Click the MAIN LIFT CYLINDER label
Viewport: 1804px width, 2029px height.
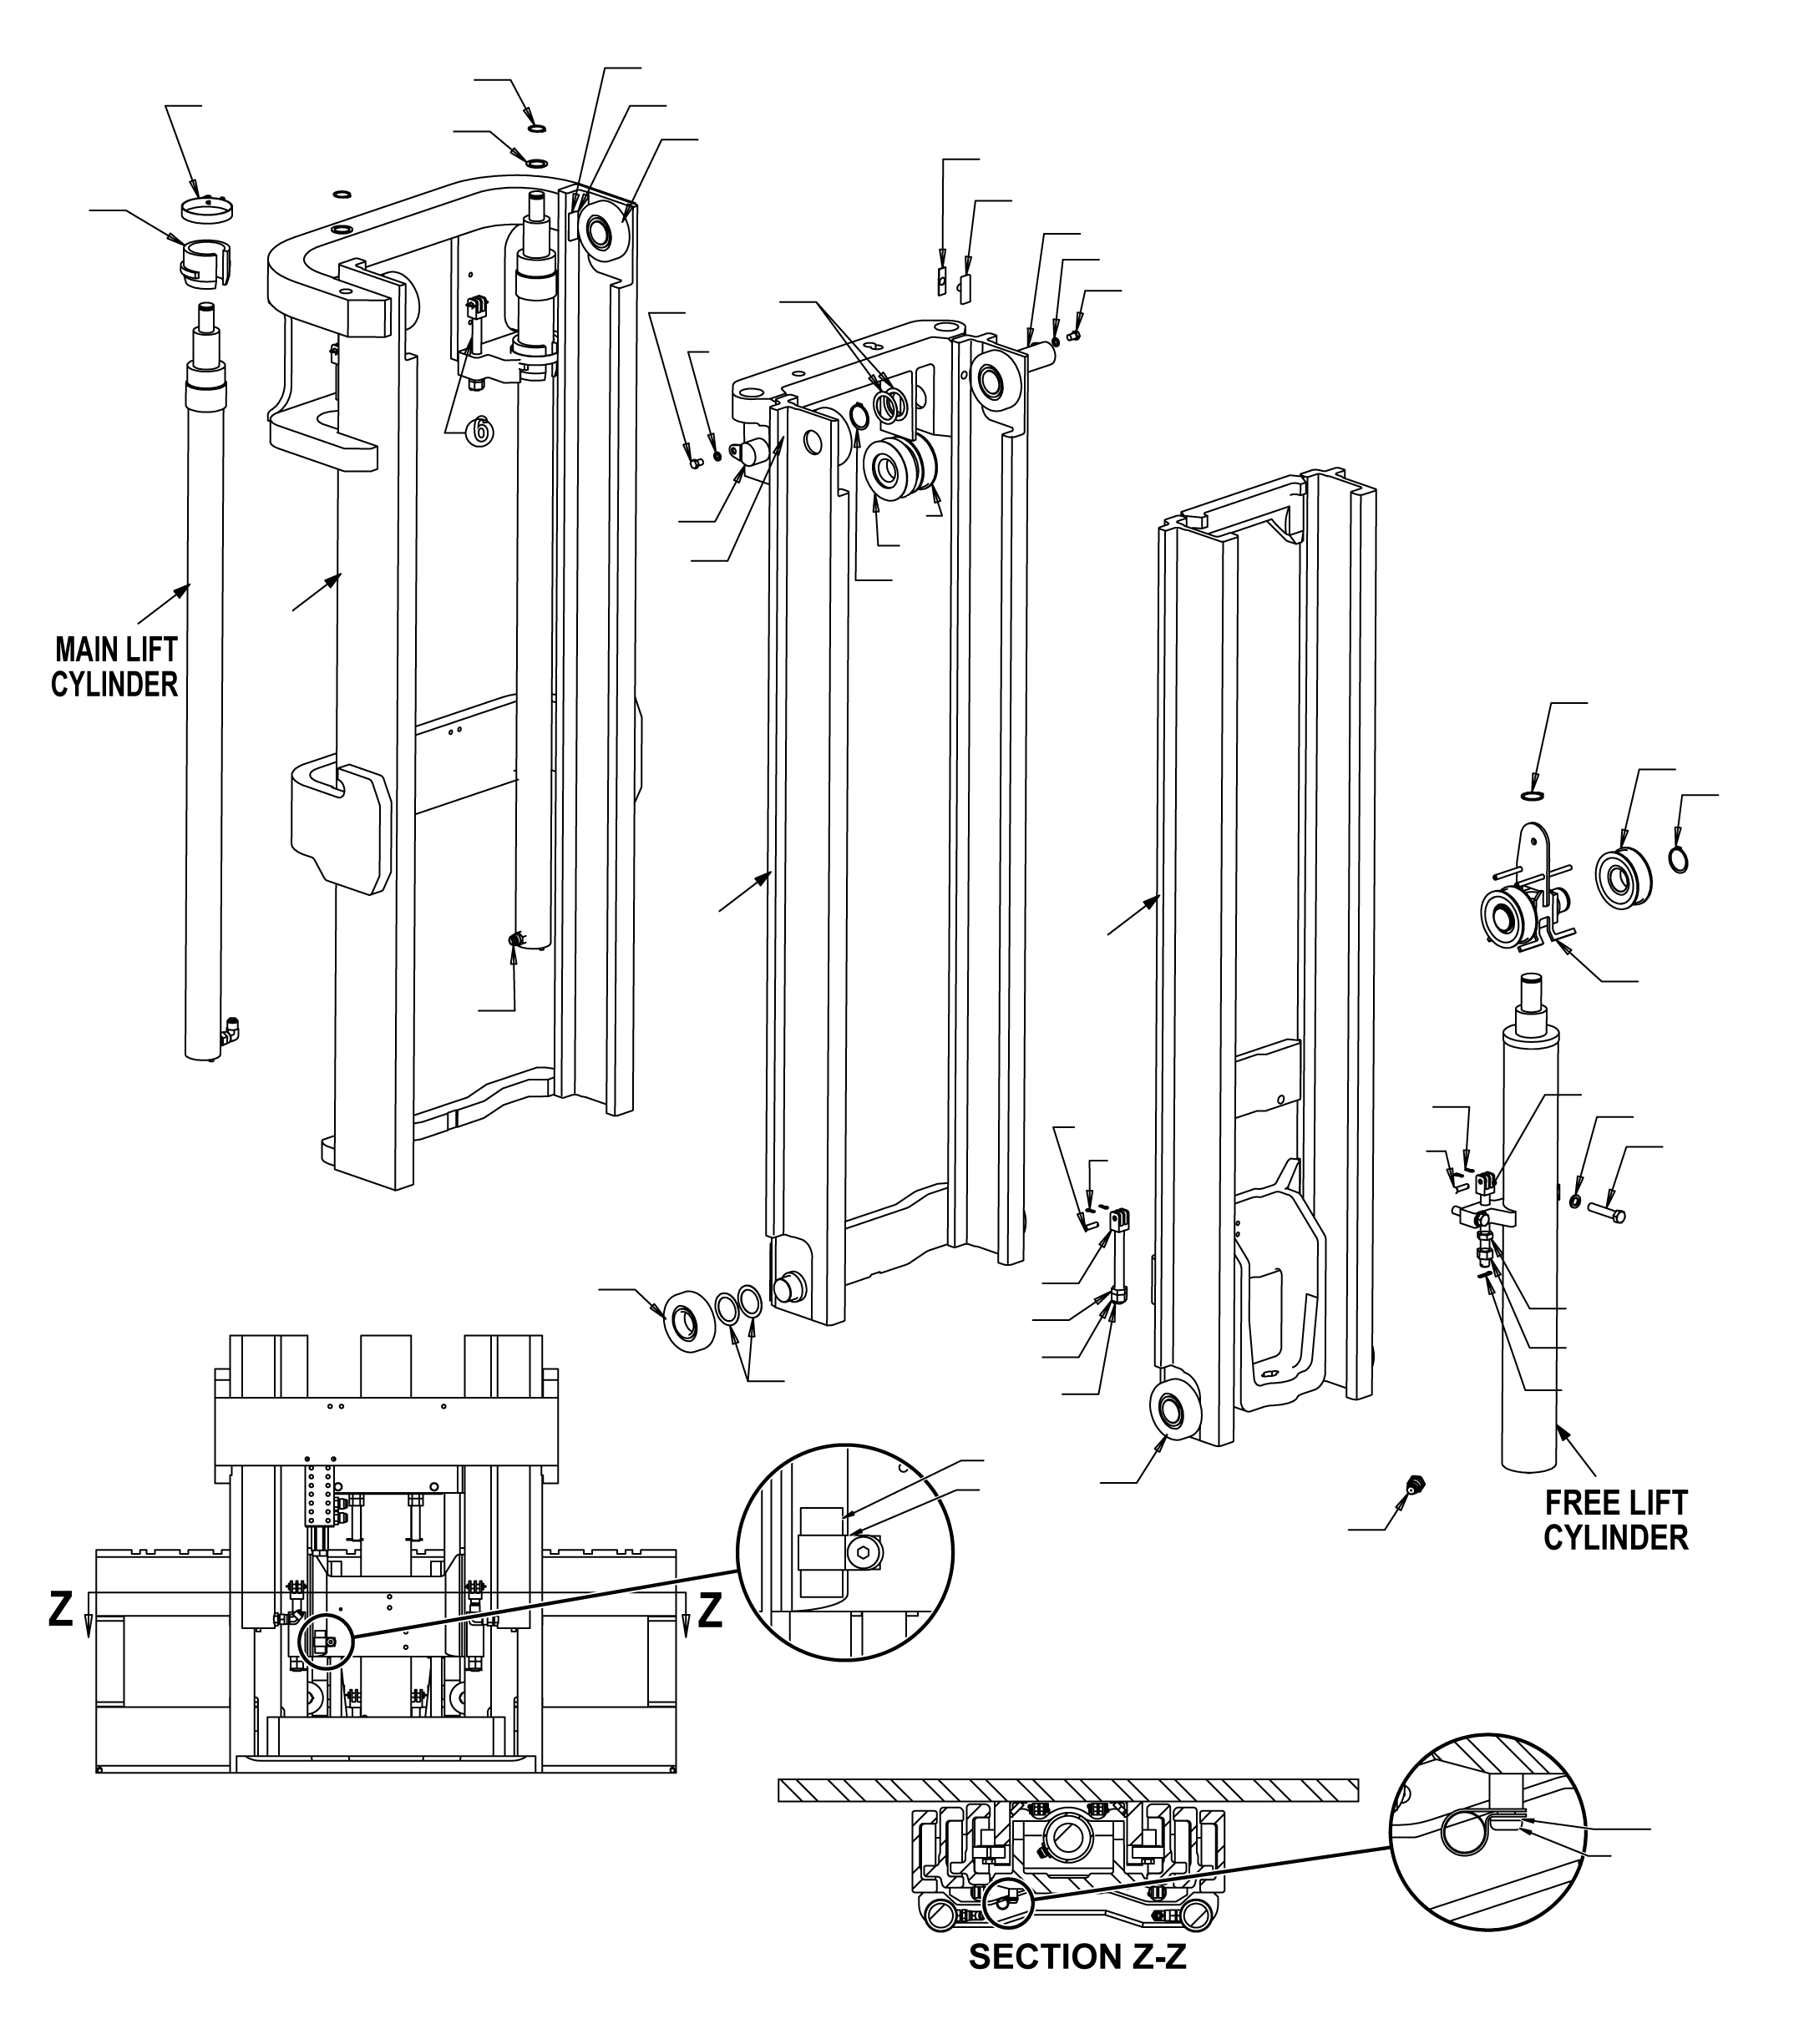pos(114,667)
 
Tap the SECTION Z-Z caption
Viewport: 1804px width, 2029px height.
pos(1077,1985)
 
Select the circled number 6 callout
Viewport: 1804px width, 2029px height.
pos(480,431)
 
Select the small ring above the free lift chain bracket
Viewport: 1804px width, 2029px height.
pos(1533,795)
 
